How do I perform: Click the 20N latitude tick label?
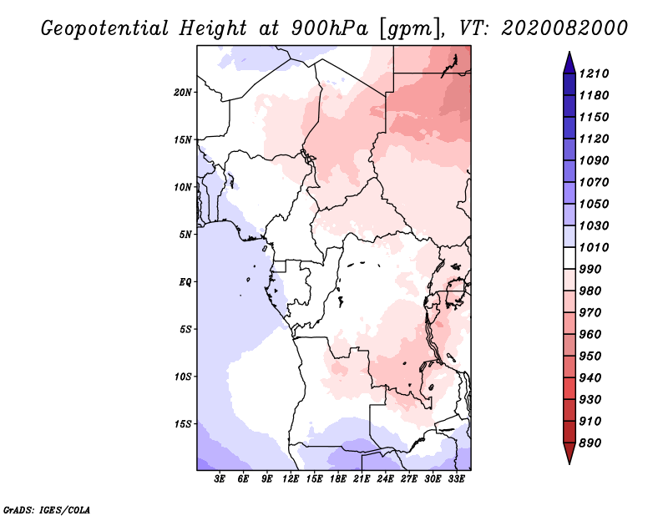(183, 93)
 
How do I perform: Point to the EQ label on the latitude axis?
(185, 282)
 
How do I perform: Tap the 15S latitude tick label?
(183, 424)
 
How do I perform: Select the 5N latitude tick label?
(185, 235)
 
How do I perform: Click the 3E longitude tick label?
(220, 479)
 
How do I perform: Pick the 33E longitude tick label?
(456, 479)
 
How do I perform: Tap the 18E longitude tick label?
(338, 479)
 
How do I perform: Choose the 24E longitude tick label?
(385, 479)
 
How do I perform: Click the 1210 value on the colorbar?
(594, 73)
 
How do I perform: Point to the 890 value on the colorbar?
(590, 443)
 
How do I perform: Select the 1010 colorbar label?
(594, 247)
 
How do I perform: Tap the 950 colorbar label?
(590, 357)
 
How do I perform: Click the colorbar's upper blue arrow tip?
(569, 52)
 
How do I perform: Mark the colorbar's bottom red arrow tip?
(569, 463)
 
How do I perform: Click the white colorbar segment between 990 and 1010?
(569, 258)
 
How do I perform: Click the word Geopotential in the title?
(105, 29)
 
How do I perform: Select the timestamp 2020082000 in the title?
(564, 28)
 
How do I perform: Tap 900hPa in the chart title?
(329, 28)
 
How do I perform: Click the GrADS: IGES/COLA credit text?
(47, 510)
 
